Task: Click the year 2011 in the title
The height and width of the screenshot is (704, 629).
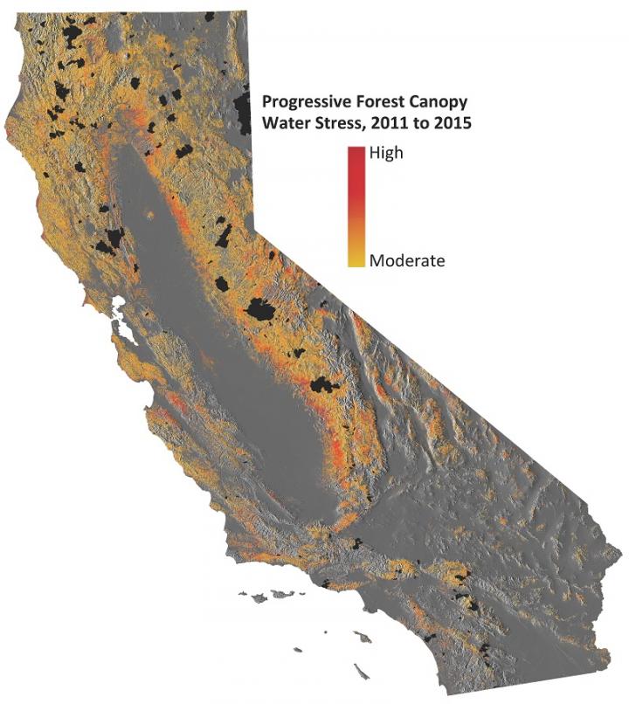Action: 389,123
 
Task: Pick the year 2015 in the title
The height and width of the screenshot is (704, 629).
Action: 453,123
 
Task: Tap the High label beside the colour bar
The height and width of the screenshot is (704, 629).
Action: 387,152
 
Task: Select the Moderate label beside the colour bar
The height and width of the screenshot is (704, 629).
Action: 407,260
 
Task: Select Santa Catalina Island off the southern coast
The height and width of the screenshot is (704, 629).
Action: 363,638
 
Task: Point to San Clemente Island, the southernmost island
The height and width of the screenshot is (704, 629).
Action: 361,671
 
